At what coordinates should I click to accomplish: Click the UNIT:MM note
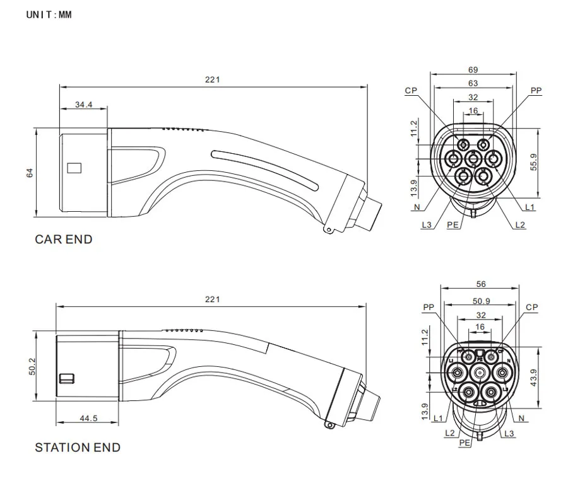coord(49,14)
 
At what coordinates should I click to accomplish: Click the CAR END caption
coord(63,240)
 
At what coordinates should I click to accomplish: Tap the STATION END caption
coord(77,448)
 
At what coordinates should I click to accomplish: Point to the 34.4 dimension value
coord(83,105)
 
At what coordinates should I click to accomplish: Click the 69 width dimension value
coord(473,70)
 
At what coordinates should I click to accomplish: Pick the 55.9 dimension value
coord(534,163)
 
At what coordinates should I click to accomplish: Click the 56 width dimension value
coord(481,284)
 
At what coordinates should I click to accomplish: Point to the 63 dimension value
coord(473,83)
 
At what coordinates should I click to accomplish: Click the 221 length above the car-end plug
coord(213,79)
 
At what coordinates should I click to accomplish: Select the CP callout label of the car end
coord(411,91)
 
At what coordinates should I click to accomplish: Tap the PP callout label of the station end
coord(429,308)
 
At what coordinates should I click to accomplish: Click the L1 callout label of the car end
coord(530,207)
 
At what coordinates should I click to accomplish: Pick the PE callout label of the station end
coord(464,443)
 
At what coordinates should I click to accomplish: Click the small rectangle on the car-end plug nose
coord(74,168)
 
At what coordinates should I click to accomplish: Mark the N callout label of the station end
coord(521,418)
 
